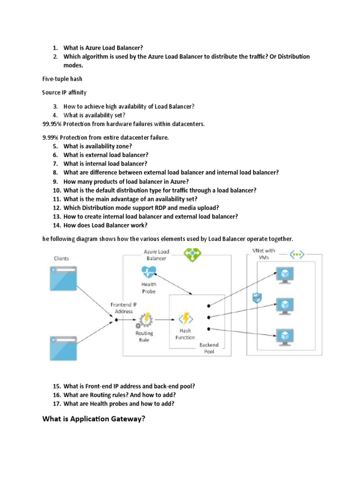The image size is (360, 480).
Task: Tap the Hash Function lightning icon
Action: pos(186,319)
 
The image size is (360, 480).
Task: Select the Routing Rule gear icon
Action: pos(144,321)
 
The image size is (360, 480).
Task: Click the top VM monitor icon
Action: pos(284,275)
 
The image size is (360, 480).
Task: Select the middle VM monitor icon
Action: pos(284,305)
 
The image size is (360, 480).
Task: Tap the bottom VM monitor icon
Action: pos(284,336)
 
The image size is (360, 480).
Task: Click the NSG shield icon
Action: pos(257,298)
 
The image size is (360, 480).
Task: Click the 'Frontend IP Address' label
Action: pos(124,308)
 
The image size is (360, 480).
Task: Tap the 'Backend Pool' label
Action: pos(209,348)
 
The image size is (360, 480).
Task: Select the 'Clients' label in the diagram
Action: pos(61,258)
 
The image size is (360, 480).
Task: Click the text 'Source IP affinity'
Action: pos(65,92)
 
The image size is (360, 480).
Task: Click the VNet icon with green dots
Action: pos(297,255)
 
